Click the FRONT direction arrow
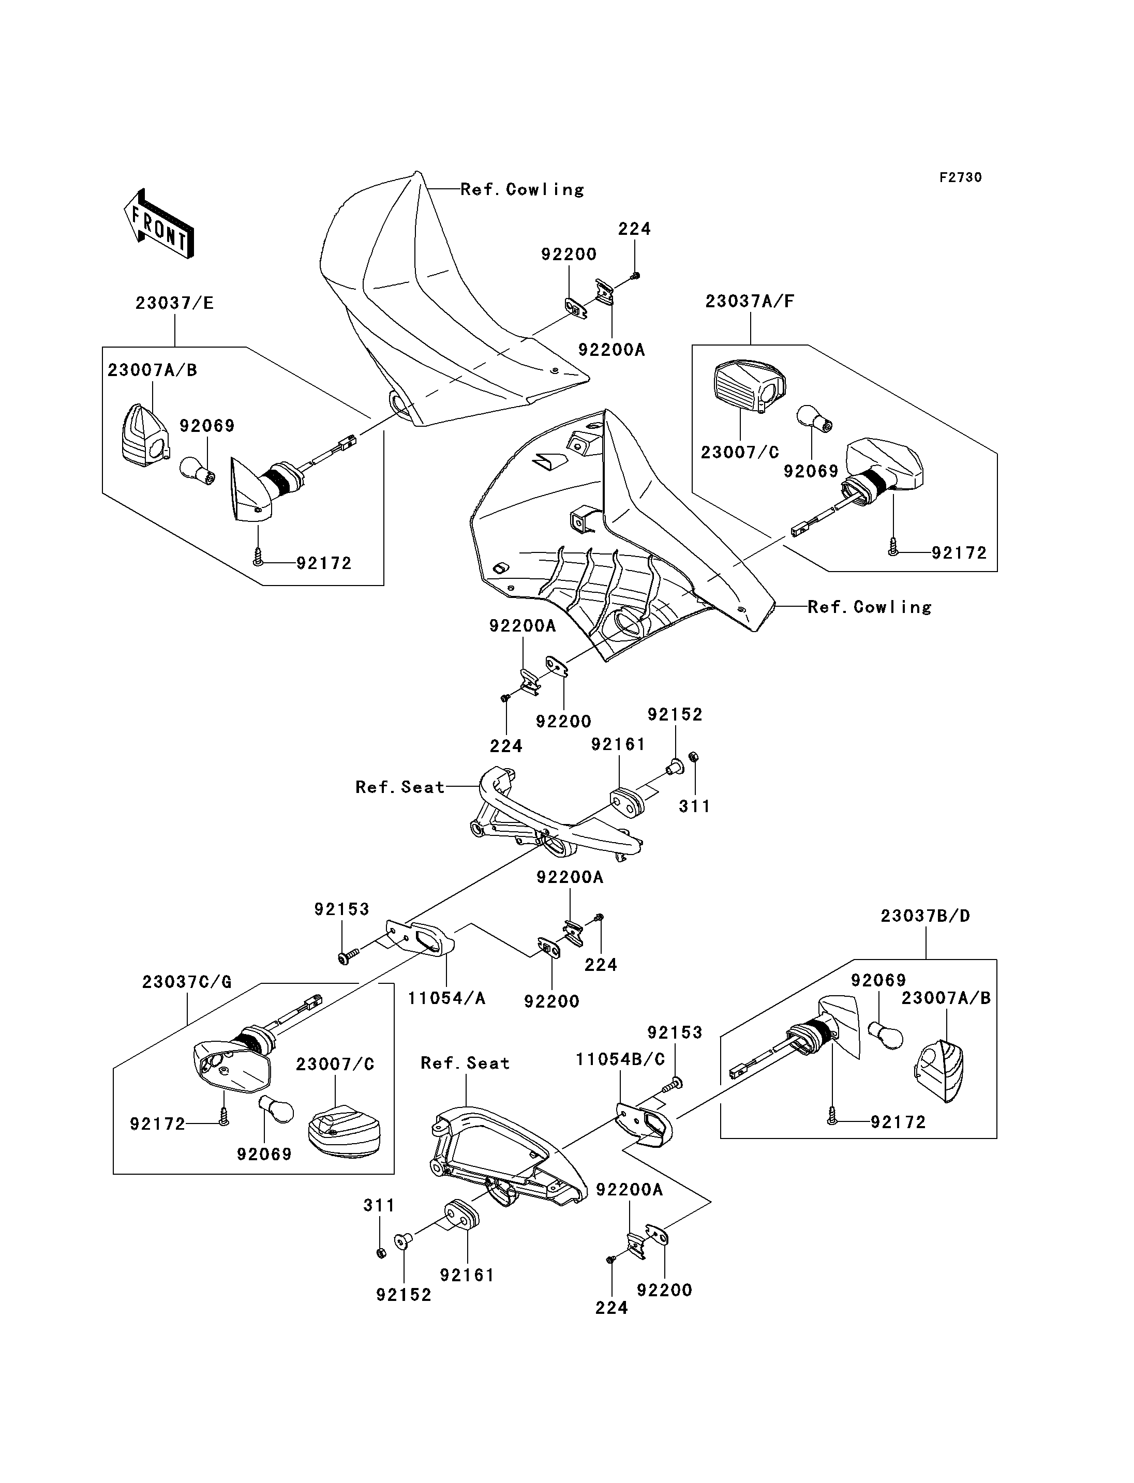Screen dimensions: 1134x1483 159,223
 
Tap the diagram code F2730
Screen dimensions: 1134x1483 961,177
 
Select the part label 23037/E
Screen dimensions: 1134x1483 174,303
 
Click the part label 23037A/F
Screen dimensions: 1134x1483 750,301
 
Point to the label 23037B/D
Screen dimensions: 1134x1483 925,916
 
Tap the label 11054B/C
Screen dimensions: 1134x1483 620,1059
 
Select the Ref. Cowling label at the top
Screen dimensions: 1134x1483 522,190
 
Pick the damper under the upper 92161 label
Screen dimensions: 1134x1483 628,803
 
